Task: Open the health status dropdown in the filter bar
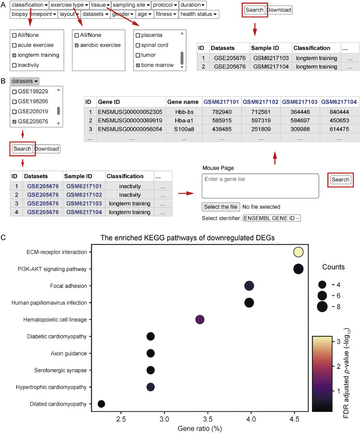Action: tap(199, 14)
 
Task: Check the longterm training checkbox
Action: tap(14, 55)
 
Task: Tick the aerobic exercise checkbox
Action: tap(77, 45)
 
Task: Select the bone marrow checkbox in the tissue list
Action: tap(138, 65)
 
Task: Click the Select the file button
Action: tap(220, 207)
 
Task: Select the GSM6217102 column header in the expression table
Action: tap(260, 102)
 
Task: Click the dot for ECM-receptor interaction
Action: tap(298, 252)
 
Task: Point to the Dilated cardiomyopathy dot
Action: tap(101, 404)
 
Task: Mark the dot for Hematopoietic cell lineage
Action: tap(200, 320)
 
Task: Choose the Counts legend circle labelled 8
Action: tap(322, 307)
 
